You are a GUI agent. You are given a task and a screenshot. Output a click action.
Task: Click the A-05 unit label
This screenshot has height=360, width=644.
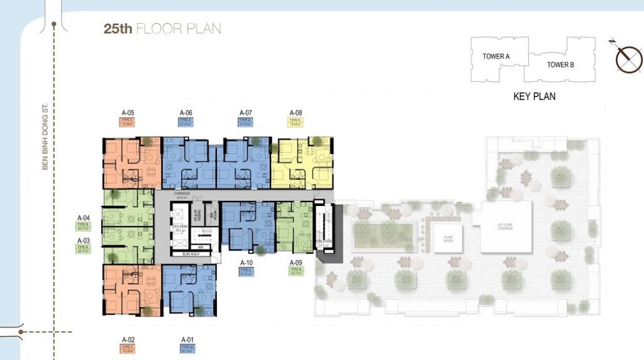(128, 113)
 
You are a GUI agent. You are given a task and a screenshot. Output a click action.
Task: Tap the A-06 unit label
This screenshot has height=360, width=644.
(186, 113)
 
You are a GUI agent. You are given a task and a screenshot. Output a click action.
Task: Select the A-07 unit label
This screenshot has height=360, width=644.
(245, 113)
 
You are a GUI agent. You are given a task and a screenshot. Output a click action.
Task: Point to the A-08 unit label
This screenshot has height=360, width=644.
(296, 113)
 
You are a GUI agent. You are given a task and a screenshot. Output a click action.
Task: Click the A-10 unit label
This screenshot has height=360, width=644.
(246, 263)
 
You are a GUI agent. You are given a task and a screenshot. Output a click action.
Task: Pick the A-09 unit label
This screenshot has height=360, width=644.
(296, 263)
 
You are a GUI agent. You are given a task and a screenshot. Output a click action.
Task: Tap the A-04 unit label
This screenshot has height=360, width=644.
(83, 218)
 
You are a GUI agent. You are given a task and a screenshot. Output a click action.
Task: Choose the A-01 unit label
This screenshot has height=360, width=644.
(187, 339)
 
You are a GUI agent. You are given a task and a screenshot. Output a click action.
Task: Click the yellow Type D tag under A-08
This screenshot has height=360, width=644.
(296, 122)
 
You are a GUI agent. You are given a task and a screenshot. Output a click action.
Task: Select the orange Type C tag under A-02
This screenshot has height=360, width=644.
(128, 348)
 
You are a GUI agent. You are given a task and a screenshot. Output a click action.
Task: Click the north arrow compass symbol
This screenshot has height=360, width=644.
(628, 59)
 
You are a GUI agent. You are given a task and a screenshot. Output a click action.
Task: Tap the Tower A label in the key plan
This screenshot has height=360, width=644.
(496, 57)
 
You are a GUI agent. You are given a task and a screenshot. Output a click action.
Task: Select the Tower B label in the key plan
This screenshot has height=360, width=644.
(560, 64)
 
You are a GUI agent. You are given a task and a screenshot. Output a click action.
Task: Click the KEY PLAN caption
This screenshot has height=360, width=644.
(534, 97)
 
